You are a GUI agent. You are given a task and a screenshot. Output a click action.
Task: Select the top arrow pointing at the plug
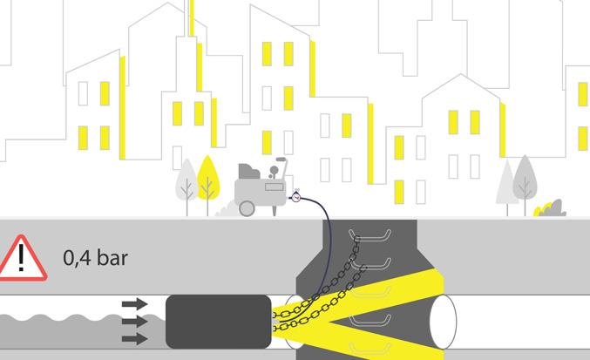(134, 304)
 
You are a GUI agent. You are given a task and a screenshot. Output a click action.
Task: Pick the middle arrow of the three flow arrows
(134, 321)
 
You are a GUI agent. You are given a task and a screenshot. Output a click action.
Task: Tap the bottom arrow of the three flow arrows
(134, 337)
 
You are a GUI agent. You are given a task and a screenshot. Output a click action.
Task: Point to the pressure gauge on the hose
(296, 196)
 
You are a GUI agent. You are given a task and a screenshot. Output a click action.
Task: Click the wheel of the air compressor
(247, 207)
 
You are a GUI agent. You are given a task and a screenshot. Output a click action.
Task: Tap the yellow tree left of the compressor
(207, 179)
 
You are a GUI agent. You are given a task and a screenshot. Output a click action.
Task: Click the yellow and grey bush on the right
(550, 208)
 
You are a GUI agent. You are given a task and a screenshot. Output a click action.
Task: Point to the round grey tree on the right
(526, 174)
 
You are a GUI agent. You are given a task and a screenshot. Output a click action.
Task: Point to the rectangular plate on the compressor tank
(275, 186)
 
